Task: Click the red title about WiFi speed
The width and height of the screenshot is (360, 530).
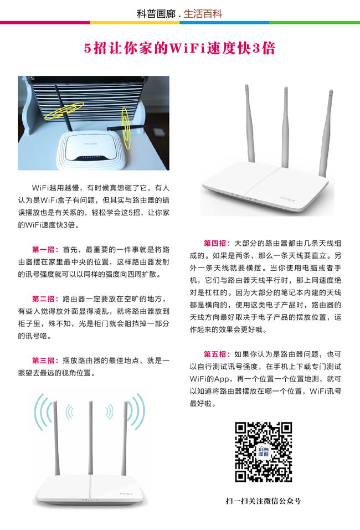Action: click(180, 48)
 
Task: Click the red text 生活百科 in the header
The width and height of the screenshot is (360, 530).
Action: click(203, 14)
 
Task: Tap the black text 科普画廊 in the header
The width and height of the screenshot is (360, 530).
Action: click(156, 14)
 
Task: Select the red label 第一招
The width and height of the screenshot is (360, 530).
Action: click(45, 250)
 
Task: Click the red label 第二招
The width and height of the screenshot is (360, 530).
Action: click(45, 299)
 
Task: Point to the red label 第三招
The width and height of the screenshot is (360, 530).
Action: click(45, 361)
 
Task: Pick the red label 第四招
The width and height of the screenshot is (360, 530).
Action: click(217, 243)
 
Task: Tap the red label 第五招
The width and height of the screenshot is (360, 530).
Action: click(217, 354)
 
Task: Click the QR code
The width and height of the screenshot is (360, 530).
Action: click(264, 452)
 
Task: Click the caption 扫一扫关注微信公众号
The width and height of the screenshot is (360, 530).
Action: click(263, 501)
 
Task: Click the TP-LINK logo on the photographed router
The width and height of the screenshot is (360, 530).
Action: click(91, 144)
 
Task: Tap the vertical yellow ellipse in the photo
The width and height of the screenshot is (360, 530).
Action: click(126, 128)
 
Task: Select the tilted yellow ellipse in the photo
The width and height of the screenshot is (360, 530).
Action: click(64, 111)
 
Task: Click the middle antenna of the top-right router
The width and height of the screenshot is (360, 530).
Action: click(286, 127)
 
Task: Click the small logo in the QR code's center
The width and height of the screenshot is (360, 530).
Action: click(263, 451)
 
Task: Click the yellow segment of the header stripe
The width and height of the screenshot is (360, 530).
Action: click(135, 23)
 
